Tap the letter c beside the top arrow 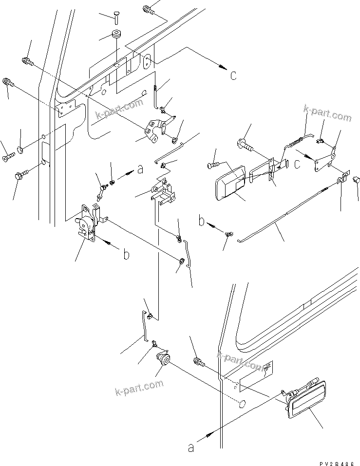click(233, 75)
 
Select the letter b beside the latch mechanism click(126, 255)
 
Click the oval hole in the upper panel click(147, 61)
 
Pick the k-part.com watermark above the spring click(327, 115)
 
